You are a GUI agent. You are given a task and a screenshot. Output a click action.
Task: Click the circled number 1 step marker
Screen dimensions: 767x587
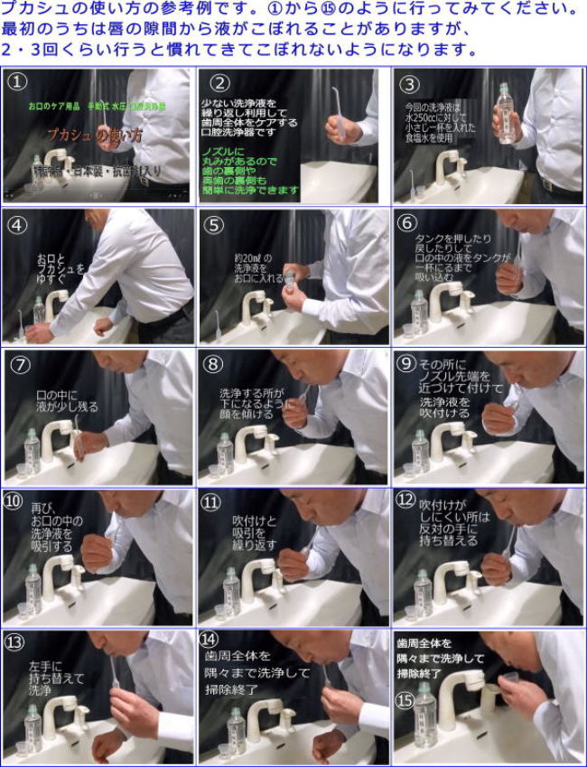(17, 82)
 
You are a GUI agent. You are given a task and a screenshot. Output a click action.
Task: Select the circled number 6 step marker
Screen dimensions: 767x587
(406, 223)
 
